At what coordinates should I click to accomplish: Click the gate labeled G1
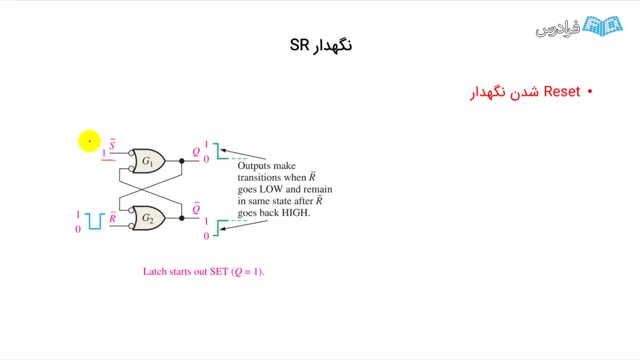(148, 161)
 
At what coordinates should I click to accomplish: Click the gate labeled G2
(148, 218)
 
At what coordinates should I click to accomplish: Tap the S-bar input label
(112, 144)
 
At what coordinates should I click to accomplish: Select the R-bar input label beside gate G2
(113, 218)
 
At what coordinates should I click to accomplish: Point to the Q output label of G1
(196, 152)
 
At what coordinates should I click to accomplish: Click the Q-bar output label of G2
(196, 208)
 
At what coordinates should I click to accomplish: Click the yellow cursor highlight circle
(89, 141)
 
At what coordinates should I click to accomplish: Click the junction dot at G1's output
(182, 161)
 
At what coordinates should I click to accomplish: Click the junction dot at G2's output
(182, 218)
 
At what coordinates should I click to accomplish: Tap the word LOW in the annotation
(271, 189)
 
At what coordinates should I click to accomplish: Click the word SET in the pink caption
(219, 271)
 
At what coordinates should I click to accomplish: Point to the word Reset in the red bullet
(562, 91)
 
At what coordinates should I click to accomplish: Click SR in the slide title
(300, 45)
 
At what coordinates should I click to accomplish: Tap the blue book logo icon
(602, 27)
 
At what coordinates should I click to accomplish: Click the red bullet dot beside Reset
(590, 92)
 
